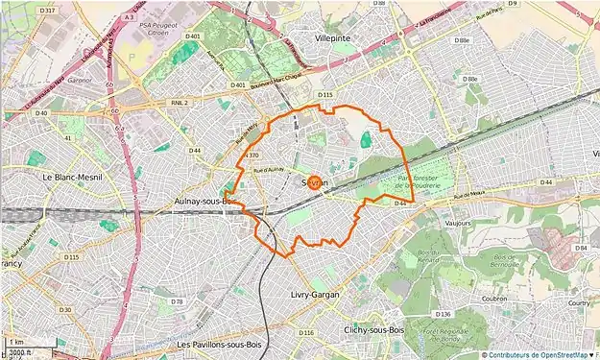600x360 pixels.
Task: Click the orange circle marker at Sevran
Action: (318, 176)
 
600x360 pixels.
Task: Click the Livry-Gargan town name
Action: (315, 295)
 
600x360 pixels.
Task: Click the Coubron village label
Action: (496, 297)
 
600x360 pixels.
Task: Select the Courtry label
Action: (579, 302)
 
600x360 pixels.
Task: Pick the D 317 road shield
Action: (49, 10)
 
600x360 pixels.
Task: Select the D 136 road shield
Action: (443, 314)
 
